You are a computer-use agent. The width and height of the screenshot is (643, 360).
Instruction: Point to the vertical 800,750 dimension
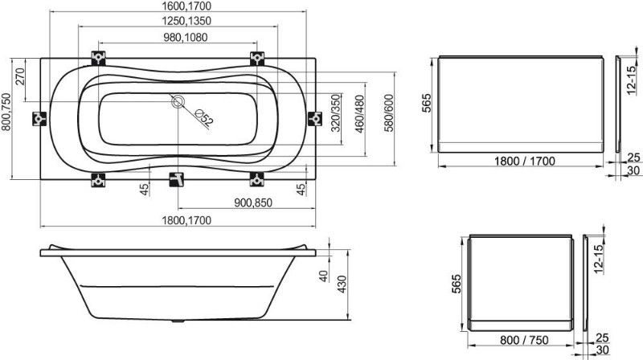click(6, 112)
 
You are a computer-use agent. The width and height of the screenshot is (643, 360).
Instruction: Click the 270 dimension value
click(19, 76)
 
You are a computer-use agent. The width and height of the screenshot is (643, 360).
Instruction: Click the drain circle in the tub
click(178, 101)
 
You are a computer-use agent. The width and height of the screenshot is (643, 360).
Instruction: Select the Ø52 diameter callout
click(204, 117)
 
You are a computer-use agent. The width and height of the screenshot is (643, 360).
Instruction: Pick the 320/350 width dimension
click(335, 113)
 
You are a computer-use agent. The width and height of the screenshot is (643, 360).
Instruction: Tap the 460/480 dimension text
click(359, 114)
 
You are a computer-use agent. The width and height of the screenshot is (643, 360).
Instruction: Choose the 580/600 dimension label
click(388, 113)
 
